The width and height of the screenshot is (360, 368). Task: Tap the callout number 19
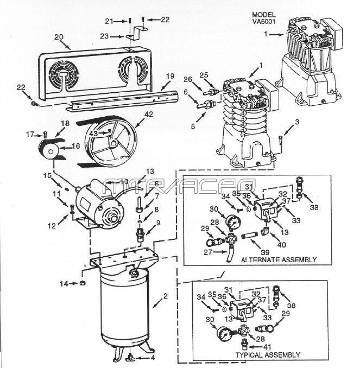(170, 76)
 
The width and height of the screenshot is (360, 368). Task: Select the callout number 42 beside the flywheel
(148, 114)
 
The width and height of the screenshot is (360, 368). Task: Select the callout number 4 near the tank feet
(153, 358)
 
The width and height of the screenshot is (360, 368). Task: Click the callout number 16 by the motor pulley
(77, 146)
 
